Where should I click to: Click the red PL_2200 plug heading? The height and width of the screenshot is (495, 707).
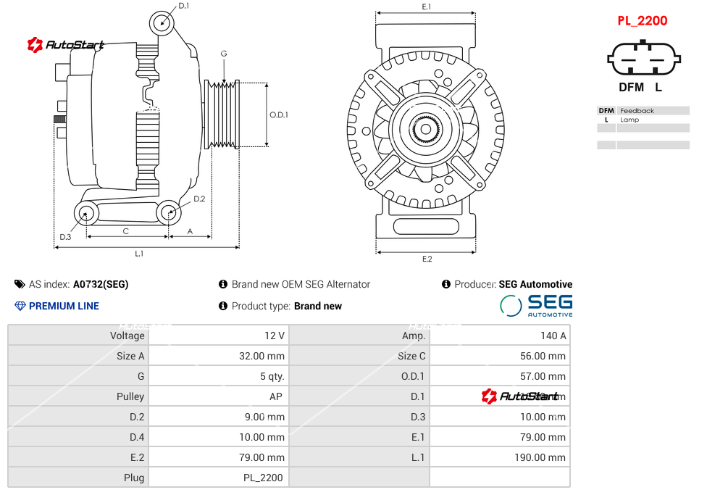tap(642, 21)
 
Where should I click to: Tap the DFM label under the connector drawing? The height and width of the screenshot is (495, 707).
tap(630, 88)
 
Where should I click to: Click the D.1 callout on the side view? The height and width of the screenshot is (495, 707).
tap(183, 6)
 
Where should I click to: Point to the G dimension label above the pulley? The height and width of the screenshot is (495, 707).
tap(224, 54)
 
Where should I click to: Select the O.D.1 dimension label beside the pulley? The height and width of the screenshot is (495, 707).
tap(279, 115)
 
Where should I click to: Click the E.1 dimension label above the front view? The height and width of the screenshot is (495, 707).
tap(426, 7)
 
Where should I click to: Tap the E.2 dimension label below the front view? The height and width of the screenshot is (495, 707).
tap(427, 259)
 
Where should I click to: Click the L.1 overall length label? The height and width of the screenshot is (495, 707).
tap(139, 253)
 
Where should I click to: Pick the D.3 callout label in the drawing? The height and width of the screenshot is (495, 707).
tap(65, 237)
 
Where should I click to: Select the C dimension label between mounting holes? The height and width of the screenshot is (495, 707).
tap(125, 231)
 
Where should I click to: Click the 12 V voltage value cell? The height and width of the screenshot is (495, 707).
tap(275, 336)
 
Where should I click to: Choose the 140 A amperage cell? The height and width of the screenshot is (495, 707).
tap(553, 336)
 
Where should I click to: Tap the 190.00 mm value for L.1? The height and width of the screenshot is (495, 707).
tap(540, 457)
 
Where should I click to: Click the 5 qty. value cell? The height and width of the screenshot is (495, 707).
tap(272, 376)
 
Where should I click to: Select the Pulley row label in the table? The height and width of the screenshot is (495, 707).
tap(130, 396)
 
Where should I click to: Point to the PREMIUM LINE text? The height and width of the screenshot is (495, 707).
tap(64, 306)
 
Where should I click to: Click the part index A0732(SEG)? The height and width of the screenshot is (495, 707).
tap(101, 284)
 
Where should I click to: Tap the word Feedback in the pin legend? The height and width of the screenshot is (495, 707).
tap(637, 111)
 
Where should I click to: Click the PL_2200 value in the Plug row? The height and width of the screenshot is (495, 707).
tap(263, 478)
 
